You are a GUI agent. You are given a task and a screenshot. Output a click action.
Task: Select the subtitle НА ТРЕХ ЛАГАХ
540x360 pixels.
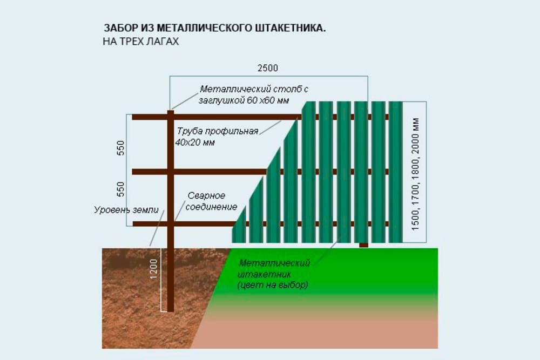point(140,41)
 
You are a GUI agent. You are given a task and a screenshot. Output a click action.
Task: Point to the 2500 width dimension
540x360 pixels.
point(267,69)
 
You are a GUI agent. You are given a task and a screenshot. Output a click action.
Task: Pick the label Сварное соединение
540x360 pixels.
point(206,201)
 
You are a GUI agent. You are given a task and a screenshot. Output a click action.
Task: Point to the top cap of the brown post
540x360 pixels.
point(171,112)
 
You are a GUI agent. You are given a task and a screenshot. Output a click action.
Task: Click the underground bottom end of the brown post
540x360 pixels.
point(171,309)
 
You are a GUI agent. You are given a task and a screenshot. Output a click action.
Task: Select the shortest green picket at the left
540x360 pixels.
point(239,227)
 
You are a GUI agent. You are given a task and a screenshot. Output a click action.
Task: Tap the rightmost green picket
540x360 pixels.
point(395,172)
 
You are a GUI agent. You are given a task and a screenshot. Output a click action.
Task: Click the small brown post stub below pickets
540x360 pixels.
point(364,245)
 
